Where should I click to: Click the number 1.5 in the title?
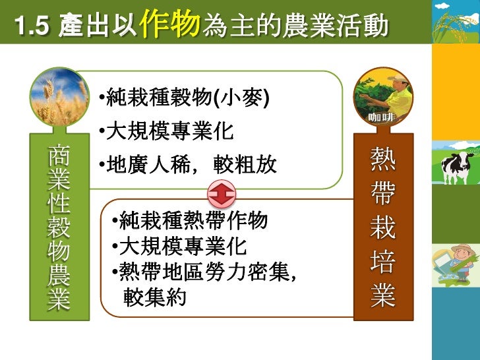[31, 27]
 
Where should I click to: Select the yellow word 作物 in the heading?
[171, 24]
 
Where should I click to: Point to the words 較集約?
[155, 298]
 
